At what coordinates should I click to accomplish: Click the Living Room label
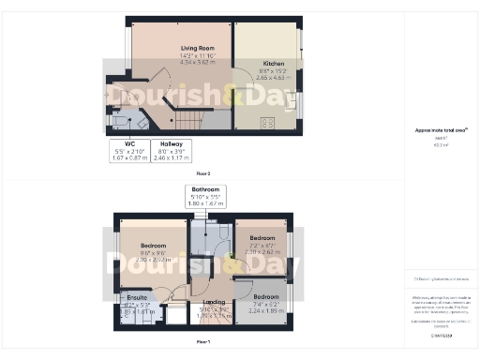click(x=198, y=47)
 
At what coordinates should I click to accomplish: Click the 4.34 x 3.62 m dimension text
click(x=198, y=61)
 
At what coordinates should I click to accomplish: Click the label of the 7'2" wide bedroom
click(x=262, y=238)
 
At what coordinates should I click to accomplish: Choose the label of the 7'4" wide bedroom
click(x=265, y=296)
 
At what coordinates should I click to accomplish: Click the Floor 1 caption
click(x=202, y=343)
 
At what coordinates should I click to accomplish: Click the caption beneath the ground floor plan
click(x=202, y=174)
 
